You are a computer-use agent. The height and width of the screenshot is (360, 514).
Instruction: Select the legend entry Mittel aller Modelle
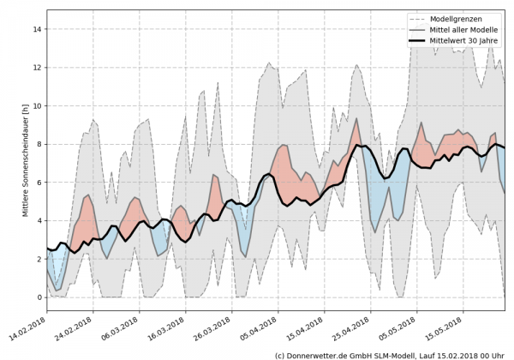(464, 28)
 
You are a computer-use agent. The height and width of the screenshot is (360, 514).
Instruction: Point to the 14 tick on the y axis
(37, 29)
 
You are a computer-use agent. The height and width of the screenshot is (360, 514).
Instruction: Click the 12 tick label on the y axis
(37, 68)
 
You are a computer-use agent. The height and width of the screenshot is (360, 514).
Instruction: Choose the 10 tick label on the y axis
(37, 106)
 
